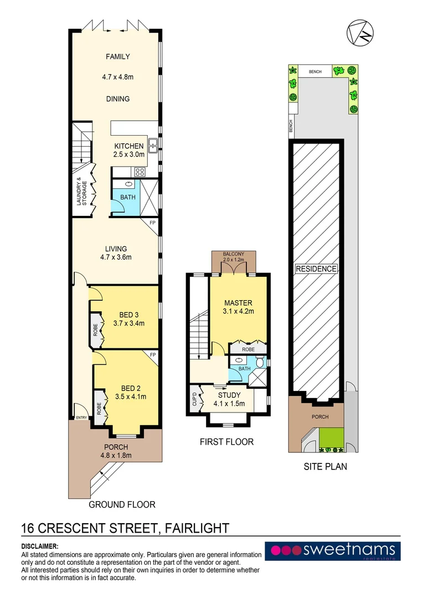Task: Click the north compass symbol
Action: pyautogui.click(x=360, y=33)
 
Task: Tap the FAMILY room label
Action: pyautogui.click(x=118, y=56)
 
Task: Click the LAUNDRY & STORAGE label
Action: pyautogui.click(x=81, y=192)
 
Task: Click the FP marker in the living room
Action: pyautogui.click(x=153, y=223)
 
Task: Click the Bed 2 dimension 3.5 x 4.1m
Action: pyautogui.click(x=125, y=397)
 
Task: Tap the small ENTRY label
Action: pyautogui.click(x=81, y=418)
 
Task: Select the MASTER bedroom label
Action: pyautogui.click(x=238, y=303)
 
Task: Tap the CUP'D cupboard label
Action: pyautogui.click(x=194, y=398)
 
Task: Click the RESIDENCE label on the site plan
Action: pyautogui.click(x=316, y=269)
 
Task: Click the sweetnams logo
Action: pyautogui.click(x=332, y=550)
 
